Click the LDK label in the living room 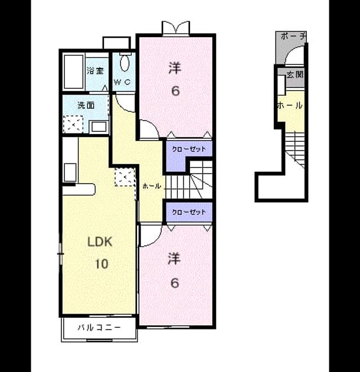click(x=100, y=242)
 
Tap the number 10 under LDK click(x=102, y=264)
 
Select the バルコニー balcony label click(x=99, y=328)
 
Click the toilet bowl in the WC click(x=125, y=63)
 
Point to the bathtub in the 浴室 click(x=74, y=71)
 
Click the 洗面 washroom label click(x=86, y=105)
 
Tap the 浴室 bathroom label click(x=95, y=71)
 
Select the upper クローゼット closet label click(x=189, y=149)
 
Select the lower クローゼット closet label click(x=189, y=212)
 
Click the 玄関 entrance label click(x=294, y=75)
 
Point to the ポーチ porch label click(x=293, y=37)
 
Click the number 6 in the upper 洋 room click(x=175, y=91)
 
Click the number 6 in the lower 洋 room click(x=175, y=283)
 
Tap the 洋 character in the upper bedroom click(x=175, y=68)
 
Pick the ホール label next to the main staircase click(x=152, y=186)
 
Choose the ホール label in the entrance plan click(x=290, y=105)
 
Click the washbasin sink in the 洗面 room click(x=99, y=127)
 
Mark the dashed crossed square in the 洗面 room click(x=73, y=125)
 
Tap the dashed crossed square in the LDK click(x=125, y=177)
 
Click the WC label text click(x=122, y=82)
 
